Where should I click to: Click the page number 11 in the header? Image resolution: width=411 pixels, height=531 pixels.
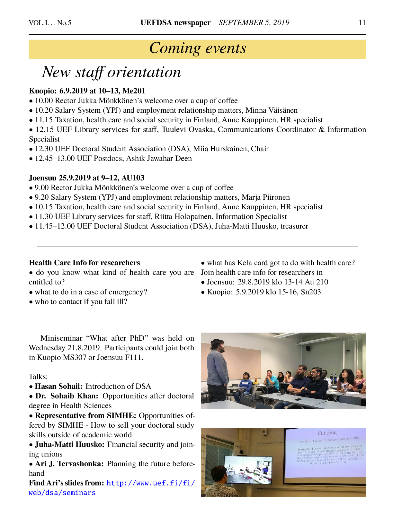[x=362, y=22]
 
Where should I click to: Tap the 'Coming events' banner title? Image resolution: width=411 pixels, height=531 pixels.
[x=198, y=48]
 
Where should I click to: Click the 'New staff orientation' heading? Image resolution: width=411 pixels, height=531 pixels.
[x=111, y=72]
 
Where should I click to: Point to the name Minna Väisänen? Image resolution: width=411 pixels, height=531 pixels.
[x=272, y=110]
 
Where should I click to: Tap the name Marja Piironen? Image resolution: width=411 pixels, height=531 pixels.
[x=266, y=197]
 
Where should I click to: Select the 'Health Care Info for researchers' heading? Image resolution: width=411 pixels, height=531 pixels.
[x=85, y=263]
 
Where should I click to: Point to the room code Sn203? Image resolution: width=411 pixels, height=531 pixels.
[x=311, y=292]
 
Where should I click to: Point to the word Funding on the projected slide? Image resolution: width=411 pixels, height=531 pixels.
[x=327, y=433]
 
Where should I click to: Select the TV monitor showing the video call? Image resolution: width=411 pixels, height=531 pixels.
[x=248, y=470]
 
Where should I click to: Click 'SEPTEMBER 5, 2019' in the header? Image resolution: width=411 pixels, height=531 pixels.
[x=254, y=22]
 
